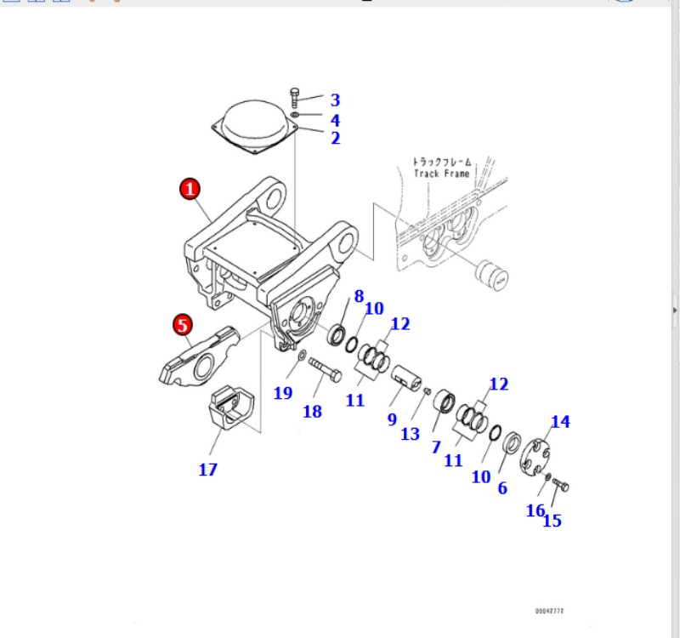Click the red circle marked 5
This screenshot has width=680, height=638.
pyautogui.click(x=183, y=324)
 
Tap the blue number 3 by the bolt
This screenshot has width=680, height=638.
pyautogui.click(x=335, y=100)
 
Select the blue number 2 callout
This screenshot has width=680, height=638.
pyautogui.click(x=335, y=138)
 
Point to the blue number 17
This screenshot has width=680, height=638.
pyautogui.click(x=208, y=469)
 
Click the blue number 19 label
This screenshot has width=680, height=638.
pyautogui.click(x=283, y=392)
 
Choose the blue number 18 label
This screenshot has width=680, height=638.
pyautogui.click(x=312, y=413)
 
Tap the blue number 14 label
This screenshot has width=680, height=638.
pyautogui.click(x=560, y=421)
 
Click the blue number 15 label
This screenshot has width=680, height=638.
pyautogui.click(x=552, y=521)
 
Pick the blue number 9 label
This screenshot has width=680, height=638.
pyautogui.click(x=392, y=419)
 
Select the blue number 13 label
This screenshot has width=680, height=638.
pyautogui.click(x=411, y=434)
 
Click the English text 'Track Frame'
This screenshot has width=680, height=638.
pyautogui.click(x=441, y=174)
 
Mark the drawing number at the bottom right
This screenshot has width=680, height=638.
pyautogui.click(x=549, y=611)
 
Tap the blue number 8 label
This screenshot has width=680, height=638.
pyautogui.click(x=359, y=296)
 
